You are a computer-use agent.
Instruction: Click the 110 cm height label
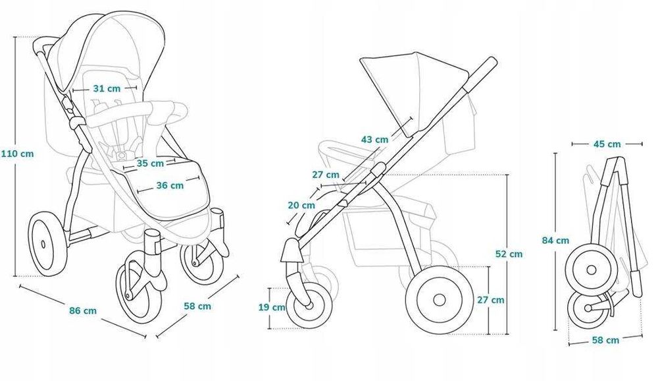click(17, 154)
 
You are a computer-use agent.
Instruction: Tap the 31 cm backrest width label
click(107, 89)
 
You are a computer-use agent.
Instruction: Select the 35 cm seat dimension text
click(150, 163)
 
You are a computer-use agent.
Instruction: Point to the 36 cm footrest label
click(170, 185)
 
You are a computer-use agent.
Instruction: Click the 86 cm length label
click(83, 310)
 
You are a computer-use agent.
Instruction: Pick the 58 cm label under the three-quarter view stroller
click(197, 306)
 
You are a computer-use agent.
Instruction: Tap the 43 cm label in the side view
click(375, 139)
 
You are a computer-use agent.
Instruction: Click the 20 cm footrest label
click(301, 205)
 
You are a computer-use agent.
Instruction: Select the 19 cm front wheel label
click(272, 307)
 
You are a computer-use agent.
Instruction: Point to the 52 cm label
click(509, 254)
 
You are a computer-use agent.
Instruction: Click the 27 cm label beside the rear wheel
click(491, 300)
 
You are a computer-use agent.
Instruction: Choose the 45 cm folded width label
click(607, 144)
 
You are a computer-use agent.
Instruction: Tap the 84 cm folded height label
click(555, 241)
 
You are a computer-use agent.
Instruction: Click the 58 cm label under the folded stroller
click(605, 339)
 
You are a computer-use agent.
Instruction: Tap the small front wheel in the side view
click(309, 305)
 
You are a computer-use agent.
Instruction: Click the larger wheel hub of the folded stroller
click(592, 270)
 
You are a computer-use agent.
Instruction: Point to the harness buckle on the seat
click(122, 155)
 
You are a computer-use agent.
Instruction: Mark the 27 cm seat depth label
click(326, 175)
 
